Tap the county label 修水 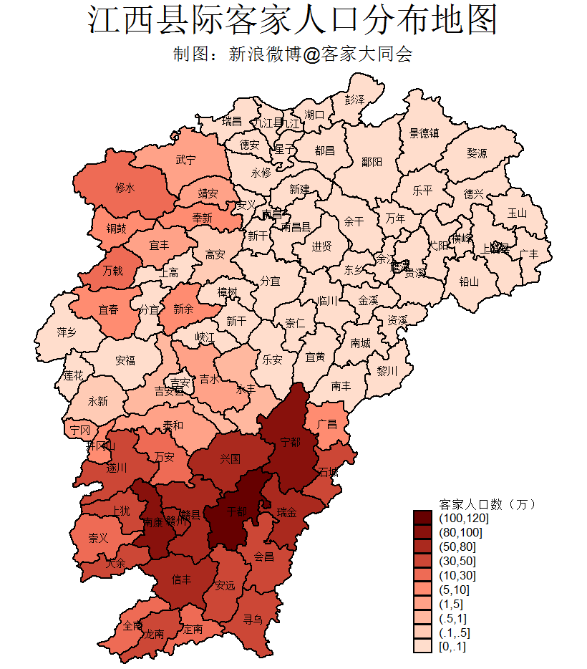[x=125, y=188]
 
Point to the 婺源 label [x=477, y=153]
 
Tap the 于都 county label [x=236, y=512]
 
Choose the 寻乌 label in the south [x=253, y=617]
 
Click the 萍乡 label [x=67, y=333]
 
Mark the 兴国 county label [x=230, y=458]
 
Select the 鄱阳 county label [x=372, y=162]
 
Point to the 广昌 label [x=327, y=424]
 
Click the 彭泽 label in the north [x=354, y=99]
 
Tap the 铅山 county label [x=468, y=281]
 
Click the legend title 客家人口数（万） [x=487, y=504]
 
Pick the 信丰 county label [x=182, y=579]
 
